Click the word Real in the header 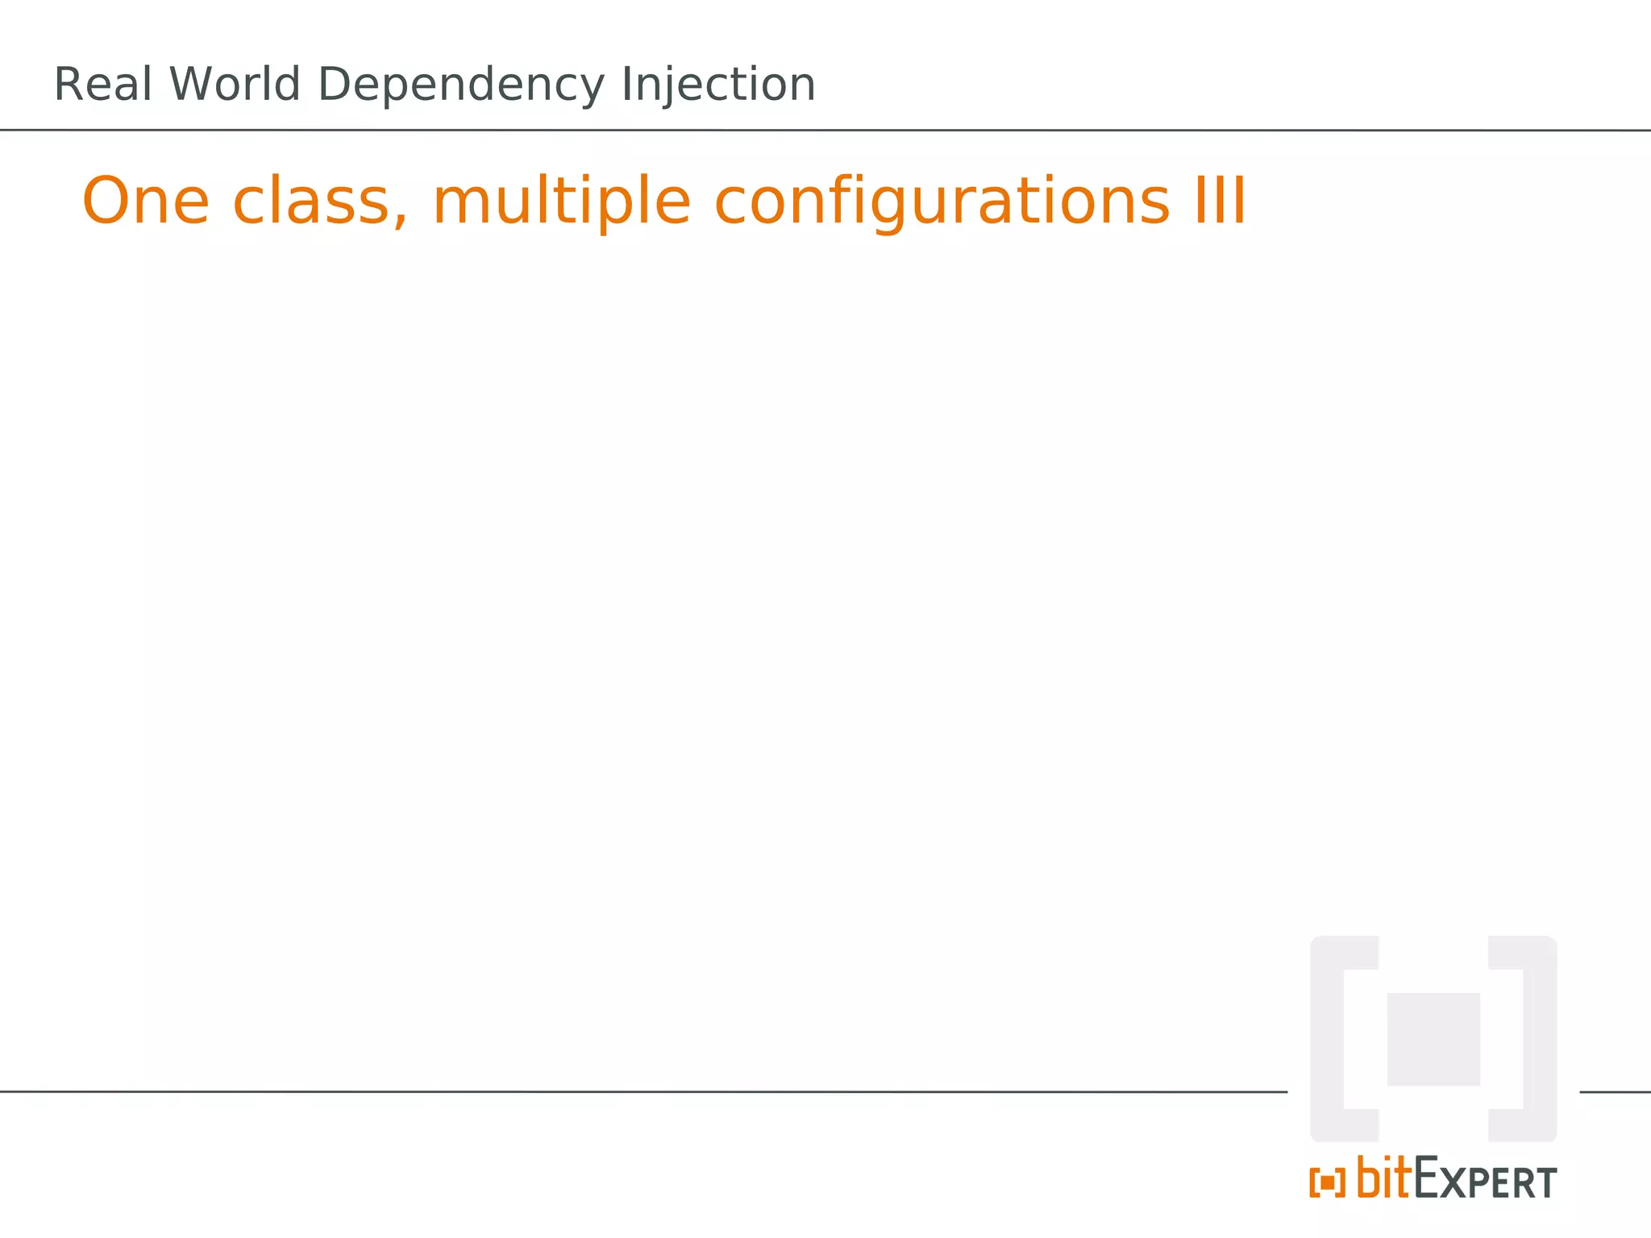(102, 85)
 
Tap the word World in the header (235, 85)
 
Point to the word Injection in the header (718, 86)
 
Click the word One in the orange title (146, 201)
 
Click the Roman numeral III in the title (1220, 201)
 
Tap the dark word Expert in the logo (1485, 1181)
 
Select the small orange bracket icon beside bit (1327, 1183)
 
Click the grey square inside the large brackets (1433, 1039)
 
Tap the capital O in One (106, 201)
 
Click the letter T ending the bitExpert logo (1546, 1183)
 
